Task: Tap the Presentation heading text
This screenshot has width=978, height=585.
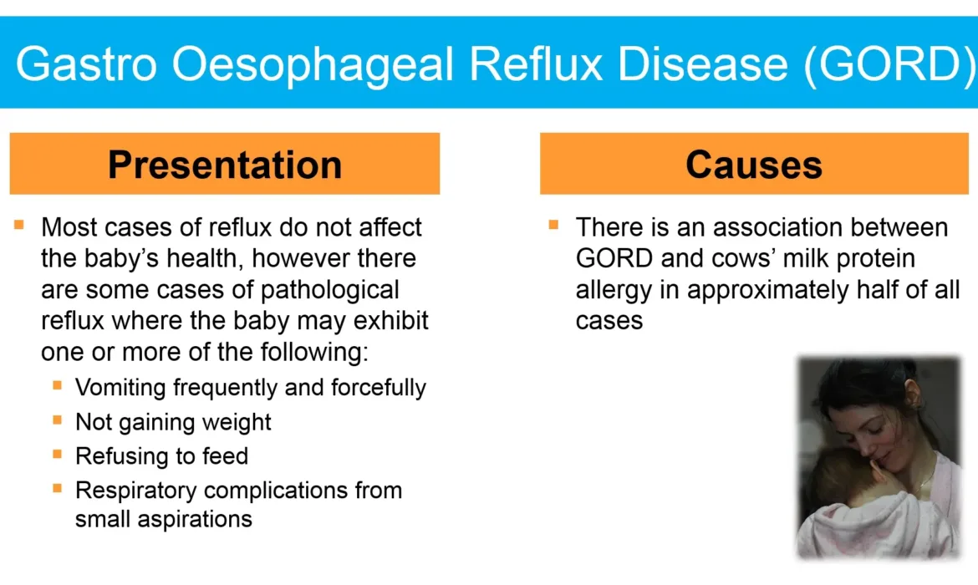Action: [225, 165]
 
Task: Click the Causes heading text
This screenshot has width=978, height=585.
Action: [754, 165]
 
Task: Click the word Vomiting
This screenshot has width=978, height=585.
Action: [121, 388]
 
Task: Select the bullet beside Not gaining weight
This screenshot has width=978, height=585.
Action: [58, 420]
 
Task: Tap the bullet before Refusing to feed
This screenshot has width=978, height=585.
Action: [58, 454]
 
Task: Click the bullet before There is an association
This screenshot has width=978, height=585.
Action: [553, 225]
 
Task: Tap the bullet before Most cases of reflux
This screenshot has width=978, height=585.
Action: [18, 225]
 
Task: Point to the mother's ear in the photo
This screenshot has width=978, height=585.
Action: [912, 395]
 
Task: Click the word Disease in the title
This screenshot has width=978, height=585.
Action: [703, 64]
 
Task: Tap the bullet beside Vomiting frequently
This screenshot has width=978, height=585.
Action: [58, 385]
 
